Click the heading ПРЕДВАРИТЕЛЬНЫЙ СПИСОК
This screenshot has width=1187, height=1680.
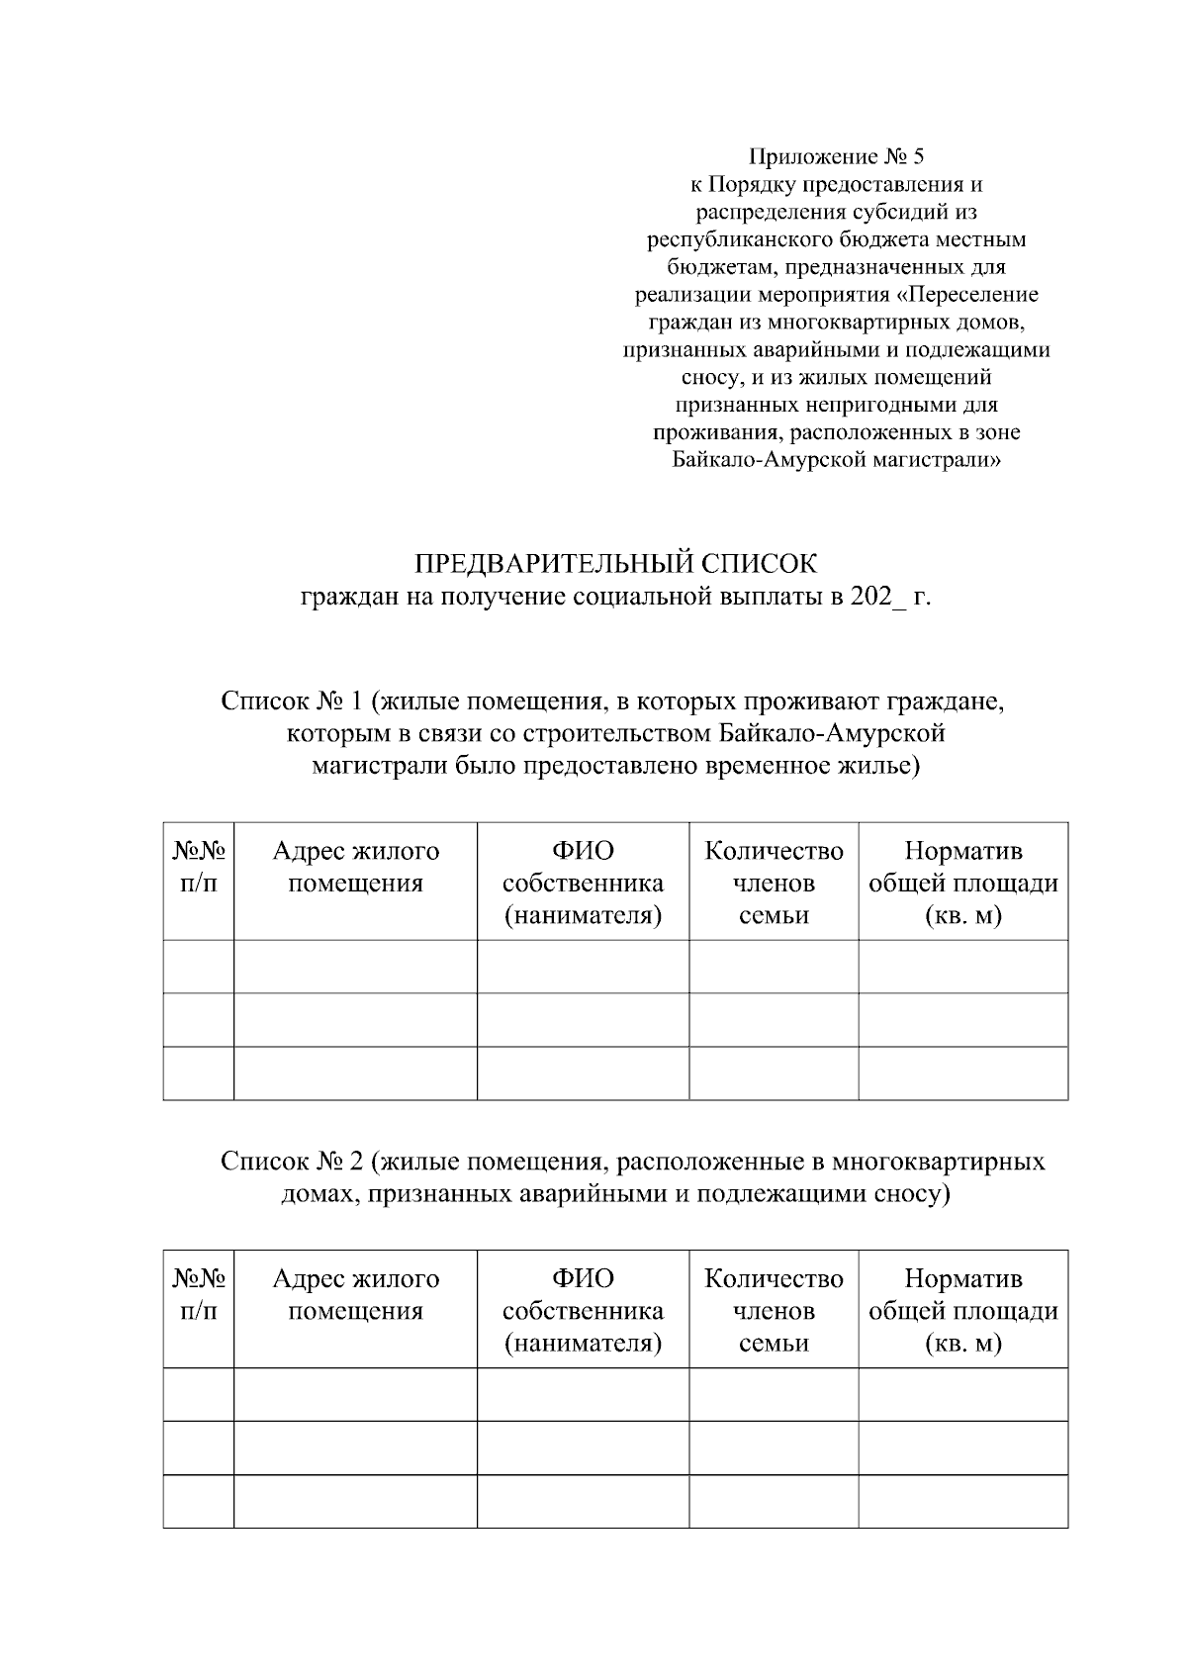[615, 564]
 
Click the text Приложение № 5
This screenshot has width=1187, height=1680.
[836, 156]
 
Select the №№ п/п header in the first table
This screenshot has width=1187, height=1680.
[199, 867]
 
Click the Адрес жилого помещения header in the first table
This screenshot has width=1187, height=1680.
[355, 867]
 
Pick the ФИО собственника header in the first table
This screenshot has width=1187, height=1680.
[583, 883]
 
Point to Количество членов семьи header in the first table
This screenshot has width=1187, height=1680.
[774, 883]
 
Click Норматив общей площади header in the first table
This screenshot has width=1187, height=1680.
[962, 883]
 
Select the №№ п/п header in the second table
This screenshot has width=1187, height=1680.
[199, 1295]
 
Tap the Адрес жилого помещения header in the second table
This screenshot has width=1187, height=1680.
[355, 1295]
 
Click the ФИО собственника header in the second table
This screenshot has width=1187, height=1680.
[583, 1311]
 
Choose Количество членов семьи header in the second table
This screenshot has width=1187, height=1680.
[774, 1311]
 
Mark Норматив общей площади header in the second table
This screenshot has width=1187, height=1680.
[962, 1311]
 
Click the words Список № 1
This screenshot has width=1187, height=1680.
[293, 701]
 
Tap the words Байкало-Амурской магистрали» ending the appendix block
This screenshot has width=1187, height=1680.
[836, 460]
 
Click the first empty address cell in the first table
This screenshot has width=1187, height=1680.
[355, 967]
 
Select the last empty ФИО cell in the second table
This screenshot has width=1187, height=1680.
[583, 1501]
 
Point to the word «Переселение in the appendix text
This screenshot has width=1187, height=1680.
[973, 295]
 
